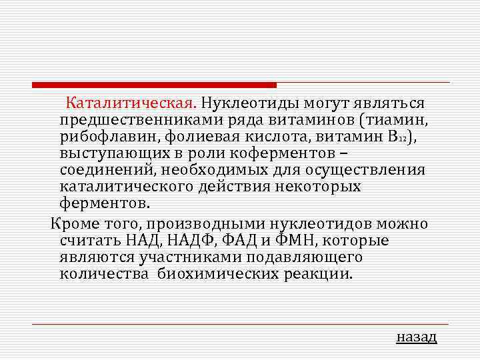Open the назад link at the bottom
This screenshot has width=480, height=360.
(x=416, y=337)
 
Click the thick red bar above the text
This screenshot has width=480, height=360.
(x=154, y=85)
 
